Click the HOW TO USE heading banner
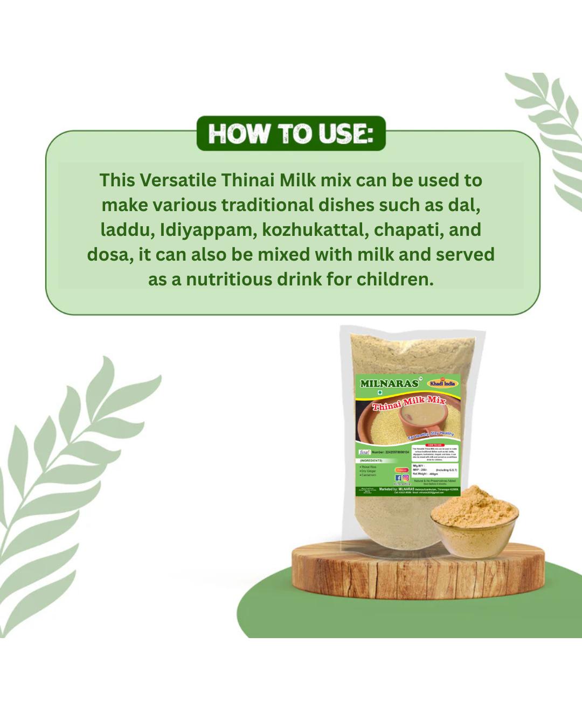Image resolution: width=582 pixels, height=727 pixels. click(x=291, y=133)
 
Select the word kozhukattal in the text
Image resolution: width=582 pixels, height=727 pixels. click(x=315, y=229)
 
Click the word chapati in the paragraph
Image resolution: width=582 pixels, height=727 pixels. click(x=408, y=229)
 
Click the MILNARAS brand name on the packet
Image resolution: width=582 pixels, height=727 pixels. click(x=389, y=383)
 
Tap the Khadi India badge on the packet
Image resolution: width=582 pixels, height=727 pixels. click(x=442, y=383)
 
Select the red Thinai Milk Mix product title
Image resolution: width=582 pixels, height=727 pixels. click(x=409, y=403)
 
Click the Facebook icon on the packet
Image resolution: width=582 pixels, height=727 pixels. click(x=398, y=478)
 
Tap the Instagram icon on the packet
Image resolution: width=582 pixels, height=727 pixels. click(x=406, y=478)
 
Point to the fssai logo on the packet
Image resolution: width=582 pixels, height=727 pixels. click(x=364, y=452)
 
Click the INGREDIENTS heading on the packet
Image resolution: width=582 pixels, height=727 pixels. click(x=371, y=461)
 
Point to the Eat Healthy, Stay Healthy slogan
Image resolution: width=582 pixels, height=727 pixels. click(x=431, y=434)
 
